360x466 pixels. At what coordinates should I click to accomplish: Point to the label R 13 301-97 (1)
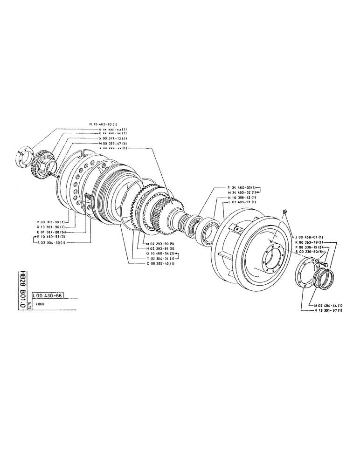point(328,310)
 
